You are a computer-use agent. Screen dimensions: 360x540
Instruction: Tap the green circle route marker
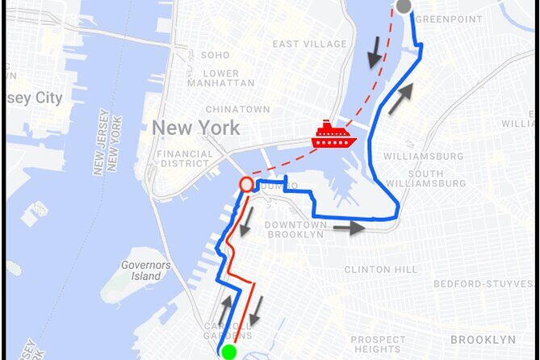coord(228,352)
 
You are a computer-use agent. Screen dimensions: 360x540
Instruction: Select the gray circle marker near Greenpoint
coord(404,7)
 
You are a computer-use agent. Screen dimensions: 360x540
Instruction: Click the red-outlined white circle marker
coord(246,185)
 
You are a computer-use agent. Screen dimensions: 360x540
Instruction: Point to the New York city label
coord(195,128)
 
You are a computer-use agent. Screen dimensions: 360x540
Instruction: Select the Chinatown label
coord(237,109)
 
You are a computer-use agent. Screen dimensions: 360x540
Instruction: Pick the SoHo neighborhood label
coord(215,55)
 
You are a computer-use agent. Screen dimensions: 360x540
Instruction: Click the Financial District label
coord(185,158)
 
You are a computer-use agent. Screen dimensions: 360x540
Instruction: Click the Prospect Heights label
coord(378,345)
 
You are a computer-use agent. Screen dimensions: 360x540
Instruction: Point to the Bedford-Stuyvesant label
coord(484,284)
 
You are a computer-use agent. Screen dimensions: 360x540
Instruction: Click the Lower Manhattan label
coord(214,77)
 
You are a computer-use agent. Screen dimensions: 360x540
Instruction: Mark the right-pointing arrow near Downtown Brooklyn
coord(349,228)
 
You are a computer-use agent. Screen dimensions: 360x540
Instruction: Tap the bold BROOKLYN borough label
coord(483,339)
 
